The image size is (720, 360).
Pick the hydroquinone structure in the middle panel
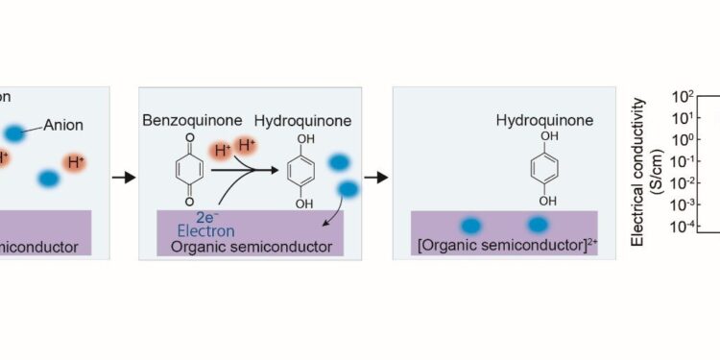tap(303, 171)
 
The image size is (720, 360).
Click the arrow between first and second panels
tap(123, 177)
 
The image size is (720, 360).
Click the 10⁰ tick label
tap(682, 139)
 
